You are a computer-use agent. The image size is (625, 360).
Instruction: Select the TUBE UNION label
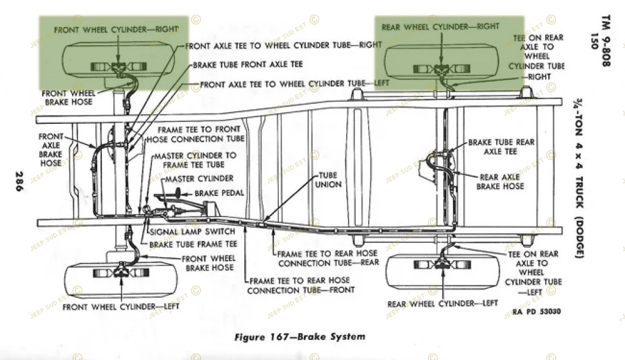tap(328, 180)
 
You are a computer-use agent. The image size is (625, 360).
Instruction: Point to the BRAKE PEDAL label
tap(219, 193)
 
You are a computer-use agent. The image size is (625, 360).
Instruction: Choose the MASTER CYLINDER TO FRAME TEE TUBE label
tap(195, 160)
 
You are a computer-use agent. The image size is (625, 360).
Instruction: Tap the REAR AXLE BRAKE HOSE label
tap(500, 182)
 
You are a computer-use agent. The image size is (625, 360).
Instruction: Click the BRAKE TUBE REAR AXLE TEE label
tap(501, 146)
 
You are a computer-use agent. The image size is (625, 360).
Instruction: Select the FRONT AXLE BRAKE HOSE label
tap(51, 150)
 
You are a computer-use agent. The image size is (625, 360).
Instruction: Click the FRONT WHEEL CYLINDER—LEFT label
tap(120, 306)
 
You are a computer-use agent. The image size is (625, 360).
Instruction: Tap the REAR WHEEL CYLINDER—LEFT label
tap(443, 303)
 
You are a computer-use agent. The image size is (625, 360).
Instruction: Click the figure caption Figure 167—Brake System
tap(300, 336)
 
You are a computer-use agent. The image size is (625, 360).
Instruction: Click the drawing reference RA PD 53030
tap(537, 312)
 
